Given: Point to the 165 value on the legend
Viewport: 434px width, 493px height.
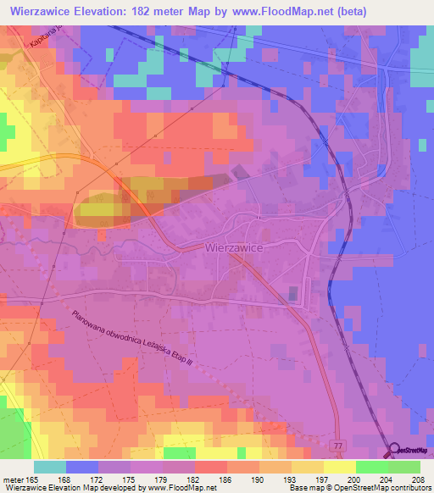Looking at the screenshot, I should click(x=32, y=479).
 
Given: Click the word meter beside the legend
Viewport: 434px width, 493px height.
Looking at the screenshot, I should click(x=12, y=479).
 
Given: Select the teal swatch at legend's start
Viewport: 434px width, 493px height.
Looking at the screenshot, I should click(x=49, y=467).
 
